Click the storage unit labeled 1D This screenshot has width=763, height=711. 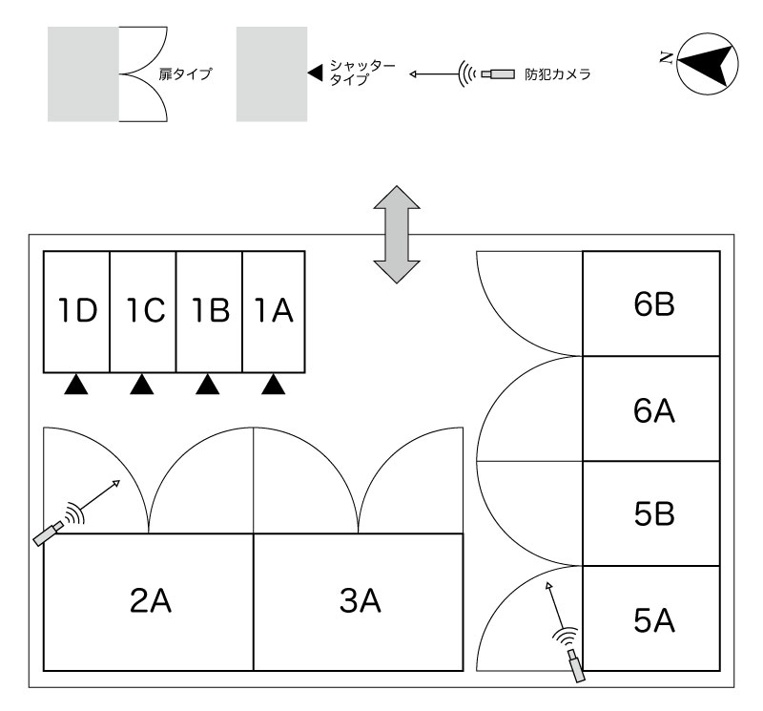pyautogui.click(x=77, y=312)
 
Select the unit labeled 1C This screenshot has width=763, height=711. pyautogui.click(x=143, y=312)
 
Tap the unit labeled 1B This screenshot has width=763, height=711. pyautogui.click(x=209, y=312)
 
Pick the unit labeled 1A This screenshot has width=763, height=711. pyautogui.click(x=274, y=312)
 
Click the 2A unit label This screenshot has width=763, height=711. pyautogui.click(x=151, y=600)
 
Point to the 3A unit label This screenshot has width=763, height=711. pyautogui.click(x=361, y=600)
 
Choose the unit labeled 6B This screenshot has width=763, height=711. pyautogui.click(x=651, y=303)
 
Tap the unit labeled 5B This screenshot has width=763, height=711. pyautogui.click(x=651, y=513)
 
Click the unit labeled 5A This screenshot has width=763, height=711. pyautogui.click(x=651, y=618)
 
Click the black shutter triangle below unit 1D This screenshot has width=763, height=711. pyautogui.click(x=76, y=386)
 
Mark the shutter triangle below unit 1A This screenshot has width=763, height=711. pyautogui.click(x=274, y=386)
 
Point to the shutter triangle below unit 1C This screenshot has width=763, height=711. pyautogui.click(x=142, y=386)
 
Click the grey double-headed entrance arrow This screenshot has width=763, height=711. pyautogui.click(x=397, y=234)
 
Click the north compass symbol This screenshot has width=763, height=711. pyautogui.click(x=708, y=64)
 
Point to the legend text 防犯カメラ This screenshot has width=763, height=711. pyautogui.click(x=558, y=74)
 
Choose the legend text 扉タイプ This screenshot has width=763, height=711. pyautogui.click(x=185, y=74)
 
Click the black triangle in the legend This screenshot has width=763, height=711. pyautogui.click(x=316, y=73)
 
